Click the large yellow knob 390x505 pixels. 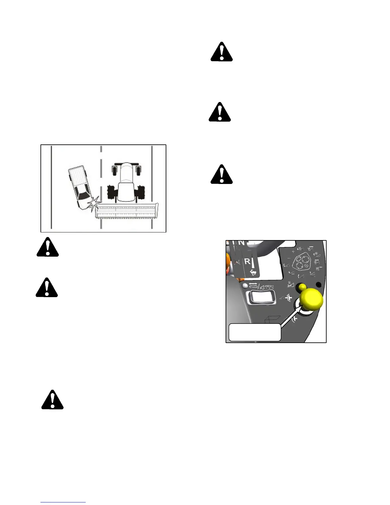[x=312, y=300]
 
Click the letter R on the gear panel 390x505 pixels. [x=247, y=262]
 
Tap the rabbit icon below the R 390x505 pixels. [x=253, y=272]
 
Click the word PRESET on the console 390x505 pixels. [x=269, y=286]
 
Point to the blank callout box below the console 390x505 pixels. [x=255, y=332]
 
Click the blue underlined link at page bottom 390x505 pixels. [x=63, y=502]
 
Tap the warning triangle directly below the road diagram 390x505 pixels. [x=47, y=247]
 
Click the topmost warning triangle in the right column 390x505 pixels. [x=222, y=52]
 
